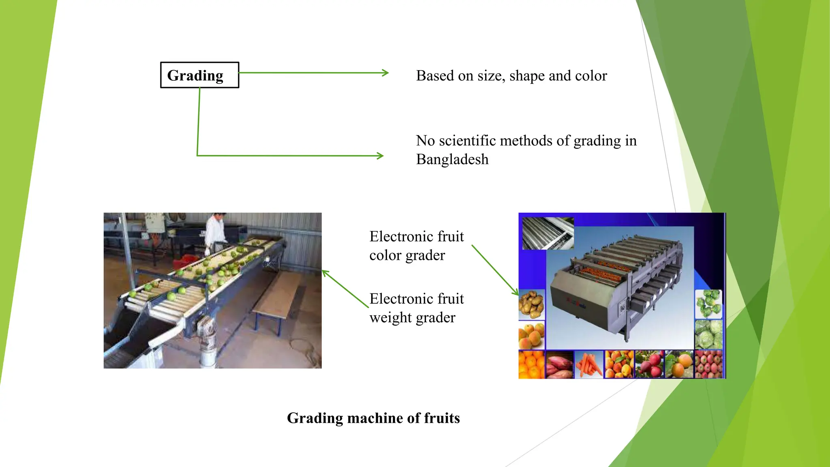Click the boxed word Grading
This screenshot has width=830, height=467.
click(195, 75)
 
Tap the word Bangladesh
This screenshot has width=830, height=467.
click(452, 159)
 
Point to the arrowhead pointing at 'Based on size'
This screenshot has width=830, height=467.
click(385, 73)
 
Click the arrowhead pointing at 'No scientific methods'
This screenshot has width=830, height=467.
click(380, 156)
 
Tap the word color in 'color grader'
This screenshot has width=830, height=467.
click(385, 255)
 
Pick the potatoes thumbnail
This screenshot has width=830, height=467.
click(531, 304)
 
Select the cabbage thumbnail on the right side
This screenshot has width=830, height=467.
click(709, 334)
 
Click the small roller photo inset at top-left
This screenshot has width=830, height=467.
click(548, 233)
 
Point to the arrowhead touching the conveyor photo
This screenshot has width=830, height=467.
click(324, 272)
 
